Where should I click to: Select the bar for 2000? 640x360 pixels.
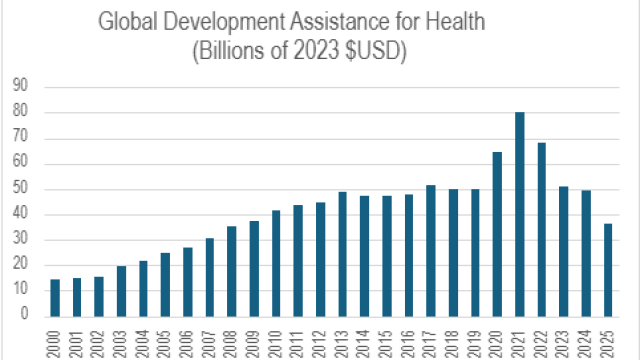click(x=56, y=297)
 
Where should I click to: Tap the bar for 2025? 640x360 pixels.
click(x=608, y=269)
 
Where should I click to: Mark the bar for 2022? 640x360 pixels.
click(x=542, y=229)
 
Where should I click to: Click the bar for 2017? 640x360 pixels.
click(x=431, y=250)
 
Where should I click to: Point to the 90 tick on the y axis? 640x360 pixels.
click(x=21, y=89)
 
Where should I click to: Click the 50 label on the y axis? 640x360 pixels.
click(x=21, y=189)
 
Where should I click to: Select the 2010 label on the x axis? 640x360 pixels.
click(x=277, y=337)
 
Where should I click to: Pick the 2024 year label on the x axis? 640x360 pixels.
click(x=586, y=337)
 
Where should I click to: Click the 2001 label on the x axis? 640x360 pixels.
click(x=78, y=337)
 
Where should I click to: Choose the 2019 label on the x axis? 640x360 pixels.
click(x=476, y=337)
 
